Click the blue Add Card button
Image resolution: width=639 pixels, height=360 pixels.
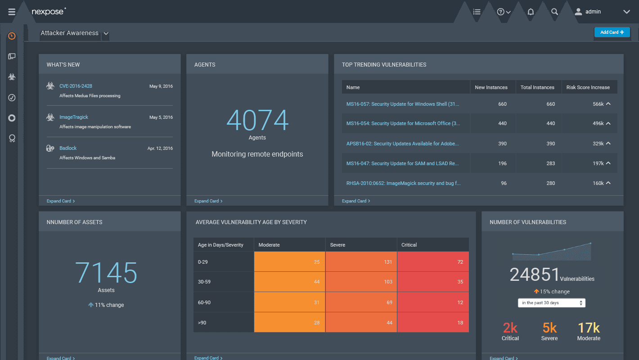point(612,32)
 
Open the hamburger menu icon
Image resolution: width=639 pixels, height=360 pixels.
point(12,12)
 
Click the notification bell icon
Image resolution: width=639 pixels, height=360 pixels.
point(531,12)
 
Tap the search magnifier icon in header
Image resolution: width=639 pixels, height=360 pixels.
point(554,12)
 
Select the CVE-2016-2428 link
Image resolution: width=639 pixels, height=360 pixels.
point(76,86)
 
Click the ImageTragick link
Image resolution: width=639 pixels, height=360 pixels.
point(74,117)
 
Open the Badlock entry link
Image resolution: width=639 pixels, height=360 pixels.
point(68,148)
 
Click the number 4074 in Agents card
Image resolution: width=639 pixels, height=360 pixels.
point(257,120)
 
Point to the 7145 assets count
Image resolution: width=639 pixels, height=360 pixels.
point(106,272)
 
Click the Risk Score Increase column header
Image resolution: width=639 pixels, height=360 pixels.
point(588,87)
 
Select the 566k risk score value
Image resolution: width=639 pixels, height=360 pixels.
point(598,104)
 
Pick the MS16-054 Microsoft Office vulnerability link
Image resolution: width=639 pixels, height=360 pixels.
point(403,123)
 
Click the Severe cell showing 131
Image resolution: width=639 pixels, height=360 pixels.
point(361,261)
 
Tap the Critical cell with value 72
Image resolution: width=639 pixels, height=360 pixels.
point(433,261)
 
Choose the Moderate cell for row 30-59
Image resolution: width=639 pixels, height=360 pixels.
point(289,282)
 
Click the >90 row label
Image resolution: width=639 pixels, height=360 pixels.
point(203,323)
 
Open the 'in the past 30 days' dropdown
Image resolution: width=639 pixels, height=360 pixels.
point(551,303)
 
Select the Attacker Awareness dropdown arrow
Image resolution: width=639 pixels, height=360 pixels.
point(106,33)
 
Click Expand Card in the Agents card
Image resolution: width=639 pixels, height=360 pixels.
point(208,201)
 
